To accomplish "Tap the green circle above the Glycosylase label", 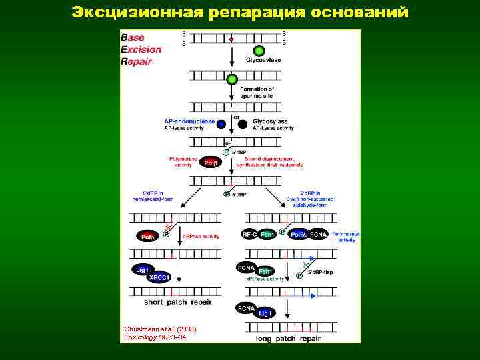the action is coord(259,51).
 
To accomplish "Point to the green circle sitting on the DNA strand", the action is coord(231,80).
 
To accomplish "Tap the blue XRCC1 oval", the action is coord(160,278).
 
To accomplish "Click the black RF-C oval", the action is coord(249,235).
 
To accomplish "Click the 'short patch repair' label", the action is coord(173,301).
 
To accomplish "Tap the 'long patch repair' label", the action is coord(289,338).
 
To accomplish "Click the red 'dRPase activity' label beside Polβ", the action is coord(201,236).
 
